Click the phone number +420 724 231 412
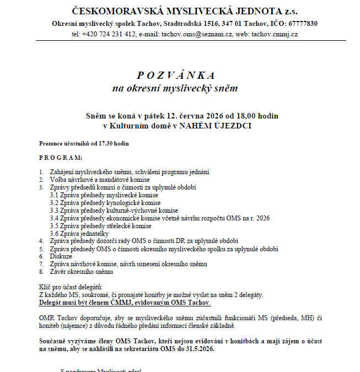107,34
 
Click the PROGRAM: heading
60,158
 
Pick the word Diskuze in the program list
61,257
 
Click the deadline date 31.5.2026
196,349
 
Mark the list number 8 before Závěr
41,272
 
